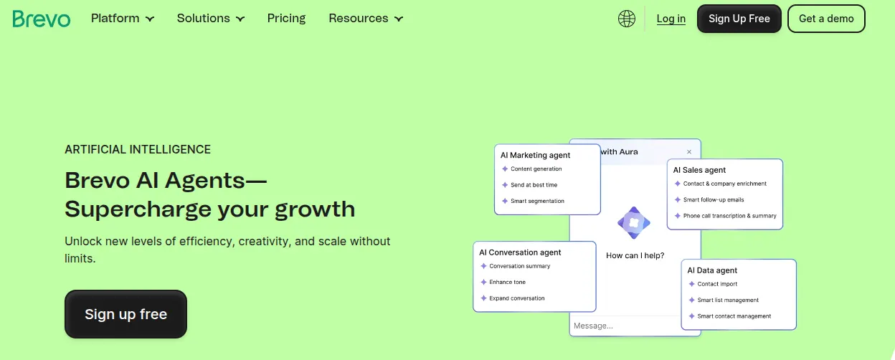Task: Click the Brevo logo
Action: [x=42, y=19]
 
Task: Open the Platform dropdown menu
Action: [x=123, y=19]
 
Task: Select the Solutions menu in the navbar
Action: [x=211, y=19]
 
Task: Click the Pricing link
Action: [x=286, y=19]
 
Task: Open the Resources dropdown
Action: [x=366, y=19]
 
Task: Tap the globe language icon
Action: [x=627, y=19]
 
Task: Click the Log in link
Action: [x=671, y=19]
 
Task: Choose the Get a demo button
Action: [x=826, y=19]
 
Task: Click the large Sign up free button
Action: [x=126, y=314]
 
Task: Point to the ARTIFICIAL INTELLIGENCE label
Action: [x=138, y=149]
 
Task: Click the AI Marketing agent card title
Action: [x=535, y=155]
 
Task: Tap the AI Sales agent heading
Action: [x=699, y=170]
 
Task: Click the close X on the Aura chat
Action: [x=689, y=152]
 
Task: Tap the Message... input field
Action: [x=625, y=326]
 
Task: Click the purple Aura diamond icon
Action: [x=634, y=223]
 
